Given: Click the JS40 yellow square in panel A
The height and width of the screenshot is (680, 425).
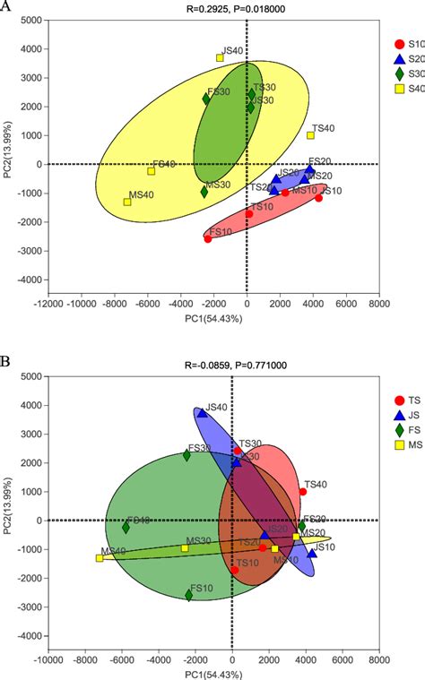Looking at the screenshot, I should [x=220, y=58].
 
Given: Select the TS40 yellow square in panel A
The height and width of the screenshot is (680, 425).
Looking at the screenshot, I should [x=310, y=135].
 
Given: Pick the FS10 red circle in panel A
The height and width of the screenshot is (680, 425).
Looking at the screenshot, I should [x=208, y=238].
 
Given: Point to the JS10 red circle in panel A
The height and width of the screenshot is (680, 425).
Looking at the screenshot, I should [x=318, y=197].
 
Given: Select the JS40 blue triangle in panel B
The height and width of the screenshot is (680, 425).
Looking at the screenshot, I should [x=202, y=413].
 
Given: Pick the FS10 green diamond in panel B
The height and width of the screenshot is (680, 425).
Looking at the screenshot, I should [x=189, y=595].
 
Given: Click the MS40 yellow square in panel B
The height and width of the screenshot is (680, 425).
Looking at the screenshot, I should [x=100, y=558].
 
